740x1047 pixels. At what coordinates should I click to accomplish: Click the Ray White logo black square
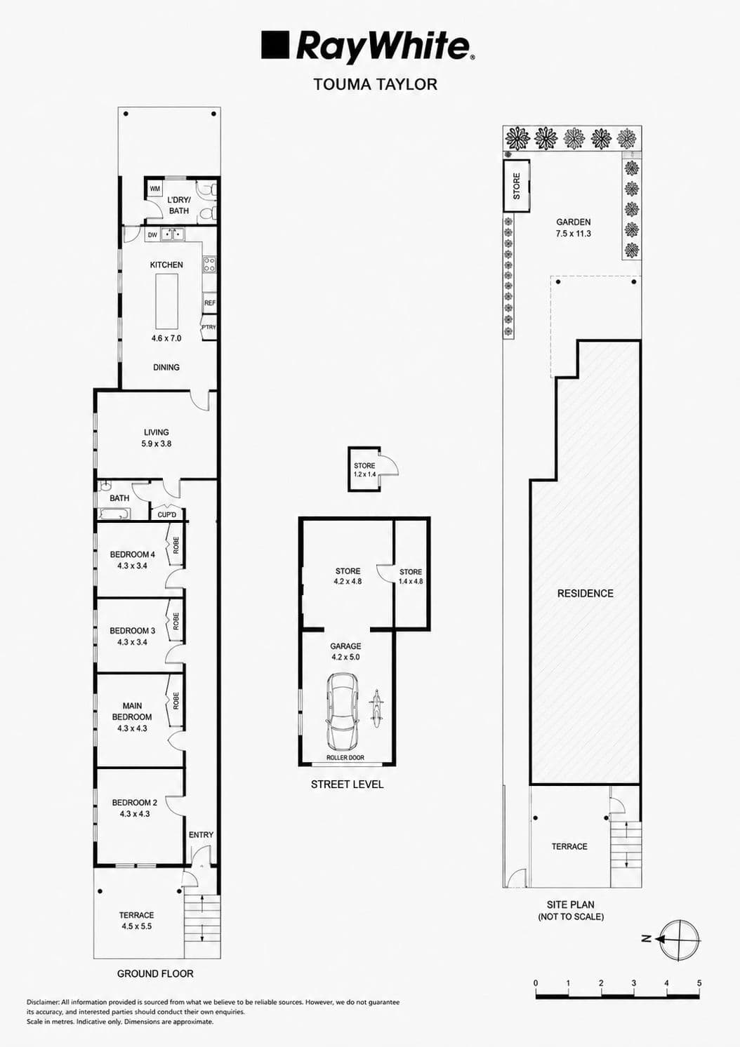coord(275,45)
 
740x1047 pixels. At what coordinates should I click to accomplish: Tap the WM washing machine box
coord(155,189)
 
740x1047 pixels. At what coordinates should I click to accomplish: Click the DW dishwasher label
coord(152,235)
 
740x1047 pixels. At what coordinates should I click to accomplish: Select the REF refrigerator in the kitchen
coord(209,303)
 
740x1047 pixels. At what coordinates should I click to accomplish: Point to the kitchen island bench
coord(166,302)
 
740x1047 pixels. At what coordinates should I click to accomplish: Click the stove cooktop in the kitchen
coord(209,265)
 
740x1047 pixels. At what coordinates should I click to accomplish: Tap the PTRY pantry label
coord(209,327)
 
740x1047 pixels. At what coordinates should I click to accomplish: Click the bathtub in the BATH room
coord(114,515)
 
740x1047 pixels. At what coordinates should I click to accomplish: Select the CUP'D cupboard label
coord(167,515)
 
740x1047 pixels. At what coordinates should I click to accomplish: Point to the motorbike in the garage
coord(376,707)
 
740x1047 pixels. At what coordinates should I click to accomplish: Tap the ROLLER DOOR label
coord(345,758)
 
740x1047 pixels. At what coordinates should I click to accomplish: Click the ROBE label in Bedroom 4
coord(176,545)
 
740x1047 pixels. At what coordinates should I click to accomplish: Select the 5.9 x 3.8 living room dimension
coord(157,444)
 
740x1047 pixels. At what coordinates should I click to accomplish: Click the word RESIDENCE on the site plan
coord(585,594)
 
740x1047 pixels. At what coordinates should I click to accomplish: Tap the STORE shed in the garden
coord(517,185)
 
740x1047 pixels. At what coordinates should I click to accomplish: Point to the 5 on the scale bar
coord(699,983)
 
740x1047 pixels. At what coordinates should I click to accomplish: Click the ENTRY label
coord(201,835)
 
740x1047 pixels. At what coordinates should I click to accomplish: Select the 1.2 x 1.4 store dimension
coord(365,474)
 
